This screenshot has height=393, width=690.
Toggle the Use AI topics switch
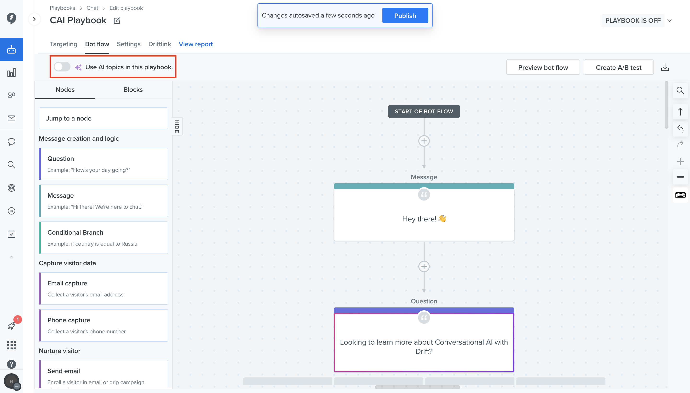pyautogui.click(x=62, y=67)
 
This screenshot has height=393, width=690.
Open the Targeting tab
pyautogui.click(x=63, y=44)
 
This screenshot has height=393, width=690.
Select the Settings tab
pyautogui.click(x=128, y=44)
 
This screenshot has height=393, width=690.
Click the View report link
pyautogui.click(x=196, y=44)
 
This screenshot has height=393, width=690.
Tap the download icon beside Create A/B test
pyautogui.click(x=665, y=67)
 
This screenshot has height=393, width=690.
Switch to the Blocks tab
pyautogui.click(x=133, y=90)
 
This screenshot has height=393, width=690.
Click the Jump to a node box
pyautogui.click(x=103, y=118)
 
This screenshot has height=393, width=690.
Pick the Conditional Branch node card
pyautogui.click(x=103, y=237)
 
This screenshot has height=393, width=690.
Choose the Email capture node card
pyautogui.click(x=103, y=288)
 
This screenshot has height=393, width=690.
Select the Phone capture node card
pyautogui.click(x=103, y=325)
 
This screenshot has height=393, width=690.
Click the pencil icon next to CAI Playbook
pyautogui.click(x=117, y=21)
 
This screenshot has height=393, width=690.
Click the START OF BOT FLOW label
pyautogui.click(x=424, y=111)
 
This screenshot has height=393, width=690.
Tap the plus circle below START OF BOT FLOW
pyautogui.click(x=424, y=141)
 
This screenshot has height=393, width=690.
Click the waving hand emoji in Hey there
pyautogui.click(x=442, y=218)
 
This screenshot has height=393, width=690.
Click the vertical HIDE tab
pyautogui.click(x=177, y=126)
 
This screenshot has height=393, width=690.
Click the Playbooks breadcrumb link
pyautogui.click(x=62, y=8)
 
